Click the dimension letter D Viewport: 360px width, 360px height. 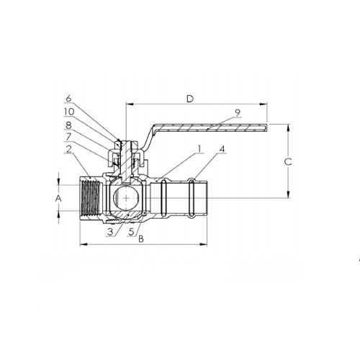(x=190, y=99)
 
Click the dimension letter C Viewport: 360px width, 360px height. (x=288, y=162)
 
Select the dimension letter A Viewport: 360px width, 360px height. (x=58, y=199)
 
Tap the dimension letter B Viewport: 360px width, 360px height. (x=141, y=239)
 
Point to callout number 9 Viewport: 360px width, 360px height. (x=238, y=112)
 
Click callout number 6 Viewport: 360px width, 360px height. (x=68, y=99)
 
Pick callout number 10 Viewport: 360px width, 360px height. (x=69, y=112)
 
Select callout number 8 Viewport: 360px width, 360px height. (x=68, y=125)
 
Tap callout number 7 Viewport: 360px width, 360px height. (x=68, y=137)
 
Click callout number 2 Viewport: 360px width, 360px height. (x=69, y=149)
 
